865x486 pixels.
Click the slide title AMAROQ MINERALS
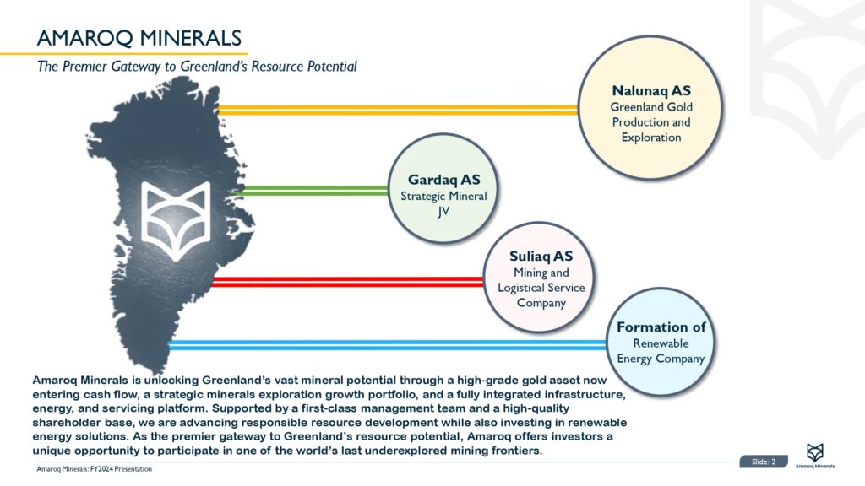pos(139,38)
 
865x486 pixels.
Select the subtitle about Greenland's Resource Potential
pos(197,67)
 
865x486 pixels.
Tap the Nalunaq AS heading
pos(651,90)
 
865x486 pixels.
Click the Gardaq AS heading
pos(444,180)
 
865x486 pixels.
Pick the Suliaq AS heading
pos(541,256)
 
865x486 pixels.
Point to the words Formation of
pos(661,327)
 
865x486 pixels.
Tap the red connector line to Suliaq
pos(347,282)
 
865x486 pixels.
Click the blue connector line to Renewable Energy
pos(387,345)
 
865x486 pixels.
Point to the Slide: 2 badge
pos(764,462)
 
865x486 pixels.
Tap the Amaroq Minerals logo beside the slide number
pos(815,456)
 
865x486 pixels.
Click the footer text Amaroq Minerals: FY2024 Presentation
pos(95,469)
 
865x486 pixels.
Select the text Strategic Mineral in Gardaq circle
pos(443,196)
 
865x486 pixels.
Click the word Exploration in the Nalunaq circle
pos(651,138)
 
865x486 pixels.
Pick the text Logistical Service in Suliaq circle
pos(541,288)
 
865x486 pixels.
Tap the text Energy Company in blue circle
pos(661,359)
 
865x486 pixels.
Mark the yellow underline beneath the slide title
pos(124,53)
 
